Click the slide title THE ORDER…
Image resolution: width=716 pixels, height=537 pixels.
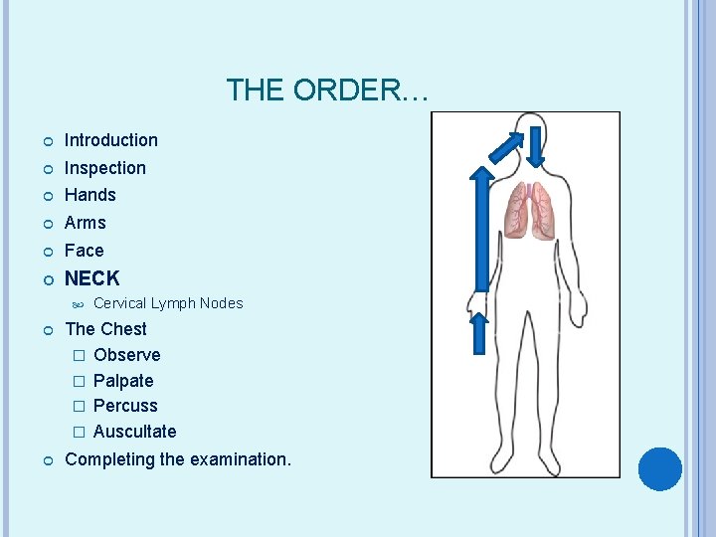(327, 90)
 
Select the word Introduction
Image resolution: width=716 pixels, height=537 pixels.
(110, 140)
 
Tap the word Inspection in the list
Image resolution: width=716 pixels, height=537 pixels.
(104, 168)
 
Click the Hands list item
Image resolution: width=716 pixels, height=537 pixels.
(89, 195)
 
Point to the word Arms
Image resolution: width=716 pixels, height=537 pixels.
(85, 223)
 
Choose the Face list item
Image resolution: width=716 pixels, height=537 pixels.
(84, 251)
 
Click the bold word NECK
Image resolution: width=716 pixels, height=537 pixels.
(91, 278)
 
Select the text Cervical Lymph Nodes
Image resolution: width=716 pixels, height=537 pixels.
(167, 303)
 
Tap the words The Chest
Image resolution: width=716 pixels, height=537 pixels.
(105, 329)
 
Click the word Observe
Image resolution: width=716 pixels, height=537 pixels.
(126, 355)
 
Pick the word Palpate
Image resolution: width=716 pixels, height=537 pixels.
(123, 381)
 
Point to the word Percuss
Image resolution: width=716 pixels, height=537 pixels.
(125, 406)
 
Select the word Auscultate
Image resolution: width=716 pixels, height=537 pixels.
(134, 432)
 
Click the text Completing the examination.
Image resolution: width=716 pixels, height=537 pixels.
(178, 459)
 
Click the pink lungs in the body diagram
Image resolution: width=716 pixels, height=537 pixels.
(529, 210)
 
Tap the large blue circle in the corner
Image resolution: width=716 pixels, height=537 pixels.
(660, 468)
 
